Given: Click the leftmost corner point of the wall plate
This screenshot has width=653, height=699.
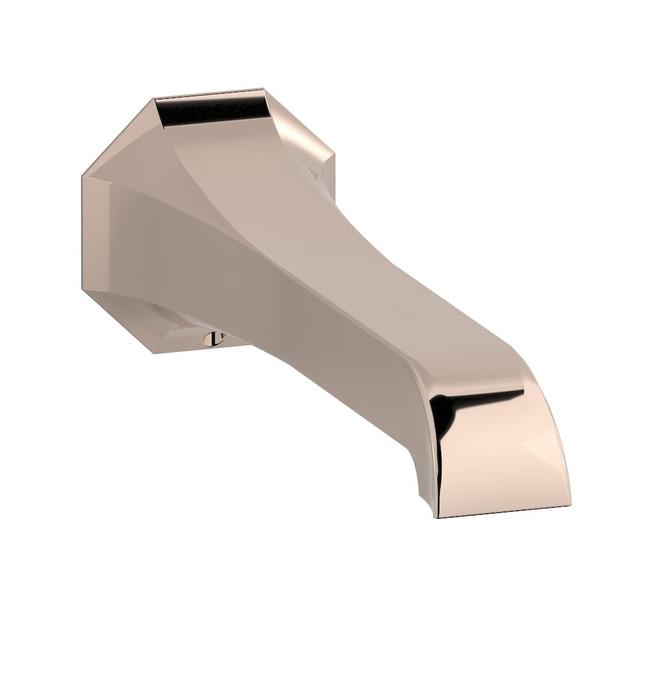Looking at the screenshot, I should [83, 178].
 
